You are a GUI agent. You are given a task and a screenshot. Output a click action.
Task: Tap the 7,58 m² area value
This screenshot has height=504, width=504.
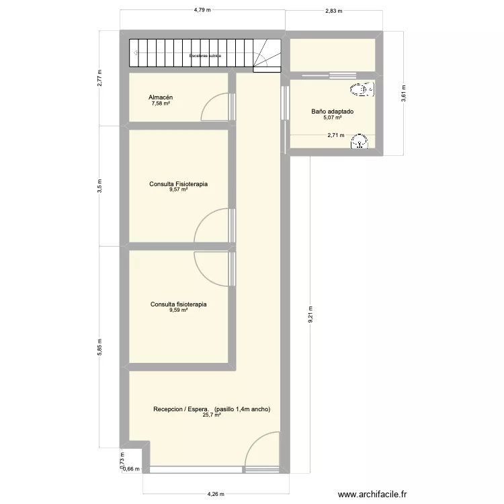point(161,104)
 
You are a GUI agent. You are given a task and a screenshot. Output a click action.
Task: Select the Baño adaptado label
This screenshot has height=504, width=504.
point(332,112)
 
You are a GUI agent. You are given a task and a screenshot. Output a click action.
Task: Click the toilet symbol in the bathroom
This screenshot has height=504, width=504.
point(363,89)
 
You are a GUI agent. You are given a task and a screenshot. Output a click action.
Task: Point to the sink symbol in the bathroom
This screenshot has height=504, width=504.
point(362,141)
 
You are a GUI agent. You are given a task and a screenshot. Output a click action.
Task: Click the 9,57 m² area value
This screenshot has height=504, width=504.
point(178,190)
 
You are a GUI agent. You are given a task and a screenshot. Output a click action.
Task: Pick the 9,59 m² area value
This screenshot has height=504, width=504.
point(178,310)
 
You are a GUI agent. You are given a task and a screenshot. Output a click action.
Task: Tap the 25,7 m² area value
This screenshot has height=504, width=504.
point(212,415)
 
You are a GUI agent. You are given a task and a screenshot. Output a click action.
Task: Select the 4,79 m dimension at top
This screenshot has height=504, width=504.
point(202,10)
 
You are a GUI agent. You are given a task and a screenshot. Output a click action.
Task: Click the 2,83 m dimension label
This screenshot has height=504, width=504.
point(333,11)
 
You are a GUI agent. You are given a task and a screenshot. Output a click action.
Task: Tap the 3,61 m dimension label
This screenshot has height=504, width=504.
point(404,92)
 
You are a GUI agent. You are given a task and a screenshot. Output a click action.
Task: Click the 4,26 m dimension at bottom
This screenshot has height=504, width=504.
point(216,494)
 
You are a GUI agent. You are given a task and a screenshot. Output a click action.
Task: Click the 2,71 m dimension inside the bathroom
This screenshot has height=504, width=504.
point(336,135)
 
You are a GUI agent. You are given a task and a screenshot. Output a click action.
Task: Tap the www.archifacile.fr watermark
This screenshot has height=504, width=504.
point(373,494)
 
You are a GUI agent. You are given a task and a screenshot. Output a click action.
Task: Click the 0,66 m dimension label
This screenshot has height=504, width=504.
point(131,469)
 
